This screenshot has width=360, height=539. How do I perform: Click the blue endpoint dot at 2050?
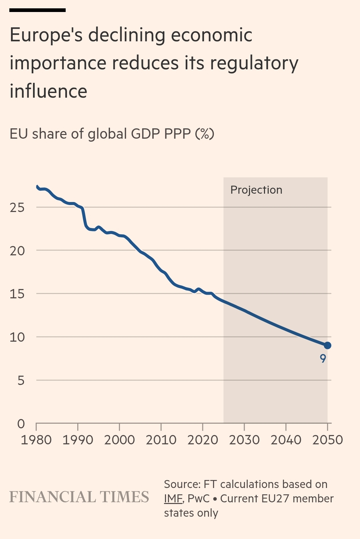click(327, 345)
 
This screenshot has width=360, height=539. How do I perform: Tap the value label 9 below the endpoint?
click(323, 359)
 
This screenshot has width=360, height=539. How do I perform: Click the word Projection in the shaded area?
click(256, 190)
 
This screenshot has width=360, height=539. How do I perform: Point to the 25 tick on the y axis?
click(17, 208)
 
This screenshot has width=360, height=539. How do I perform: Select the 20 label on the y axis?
click(17, 251)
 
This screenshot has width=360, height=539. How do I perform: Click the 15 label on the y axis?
click(17, 294)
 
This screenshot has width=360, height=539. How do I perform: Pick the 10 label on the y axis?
click(17, 337)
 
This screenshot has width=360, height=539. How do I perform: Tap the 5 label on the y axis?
click(21, 380)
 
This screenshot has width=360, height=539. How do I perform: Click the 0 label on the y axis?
click(21, 424)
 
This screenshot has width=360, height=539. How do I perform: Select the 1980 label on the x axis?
click(36, 440)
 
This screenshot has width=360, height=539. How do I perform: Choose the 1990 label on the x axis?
click(78, 440)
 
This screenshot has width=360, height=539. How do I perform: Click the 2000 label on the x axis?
click(119, 440)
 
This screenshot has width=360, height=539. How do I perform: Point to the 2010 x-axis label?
click(161, 440)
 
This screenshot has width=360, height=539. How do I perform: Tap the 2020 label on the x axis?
click(203, 440)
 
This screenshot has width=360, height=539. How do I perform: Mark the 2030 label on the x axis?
click(244, 440)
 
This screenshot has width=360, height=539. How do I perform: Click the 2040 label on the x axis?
click(286, 440)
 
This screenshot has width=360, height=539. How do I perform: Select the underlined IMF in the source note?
click(173, 499)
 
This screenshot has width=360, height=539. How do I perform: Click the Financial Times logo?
click(79, 497)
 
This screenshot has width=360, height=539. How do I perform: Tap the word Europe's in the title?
click(46, 35)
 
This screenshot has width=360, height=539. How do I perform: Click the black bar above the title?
click(37, 10)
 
